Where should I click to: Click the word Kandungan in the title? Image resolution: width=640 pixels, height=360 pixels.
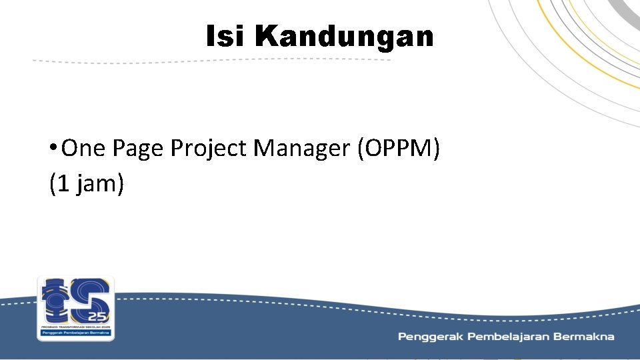click(344, 37)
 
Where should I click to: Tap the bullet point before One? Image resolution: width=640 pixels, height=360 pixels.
click(53, 148)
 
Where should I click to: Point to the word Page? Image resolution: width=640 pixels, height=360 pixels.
click(138, 149)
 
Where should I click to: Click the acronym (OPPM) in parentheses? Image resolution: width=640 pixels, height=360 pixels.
click(399, 149)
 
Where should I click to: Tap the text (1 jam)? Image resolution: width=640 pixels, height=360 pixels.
click(87, 183)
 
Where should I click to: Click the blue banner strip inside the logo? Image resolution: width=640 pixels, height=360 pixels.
click(75, 332)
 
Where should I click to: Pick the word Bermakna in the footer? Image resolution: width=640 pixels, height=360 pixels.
click(587, 337)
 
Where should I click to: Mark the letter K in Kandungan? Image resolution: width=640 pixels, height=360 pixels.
click(265, 37)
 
